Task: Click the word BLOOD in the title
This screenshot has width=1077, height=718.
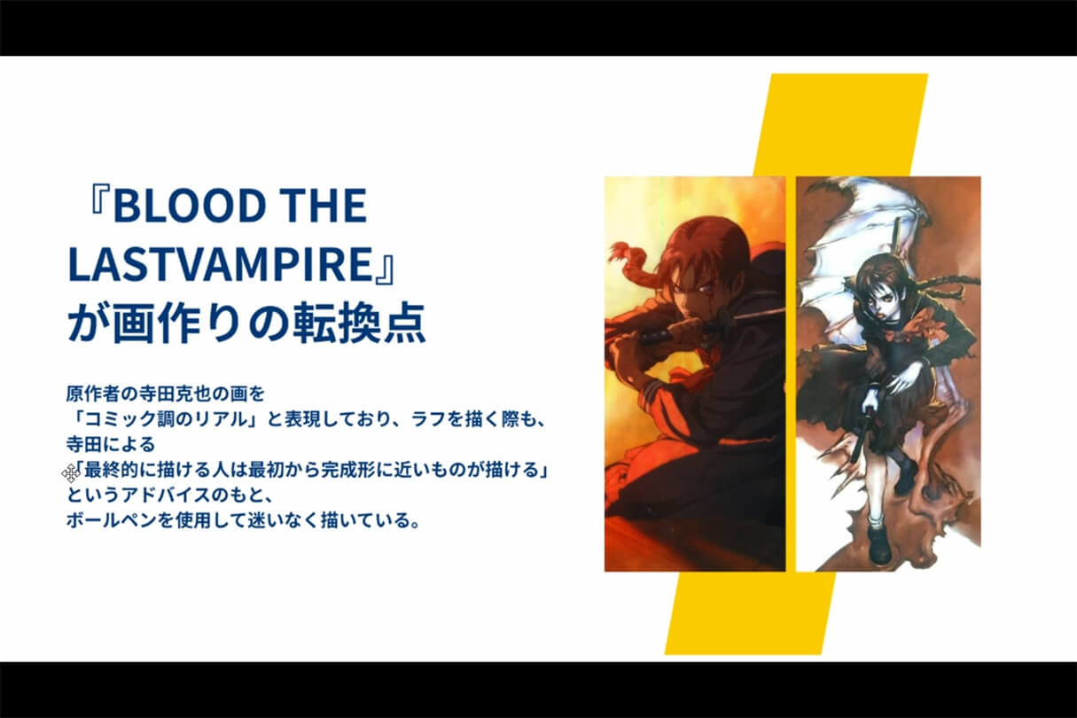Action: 189,206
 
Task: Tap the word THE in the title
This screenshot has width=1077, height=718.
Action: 323,206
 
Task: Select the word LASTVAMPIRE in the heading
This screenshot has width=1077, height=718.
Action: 220,264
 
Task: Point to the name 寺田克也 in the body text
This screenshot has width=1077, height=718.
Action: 175,394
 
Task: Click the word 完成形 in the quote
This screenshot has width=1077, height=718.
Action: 348,471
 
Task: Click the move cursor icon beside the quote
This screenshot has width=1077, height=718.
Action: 71,473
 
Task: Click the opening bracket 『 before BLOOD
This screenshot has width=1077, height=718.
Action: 100,202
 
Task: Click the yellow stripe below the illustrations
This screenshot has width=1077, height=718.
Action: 750,613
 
